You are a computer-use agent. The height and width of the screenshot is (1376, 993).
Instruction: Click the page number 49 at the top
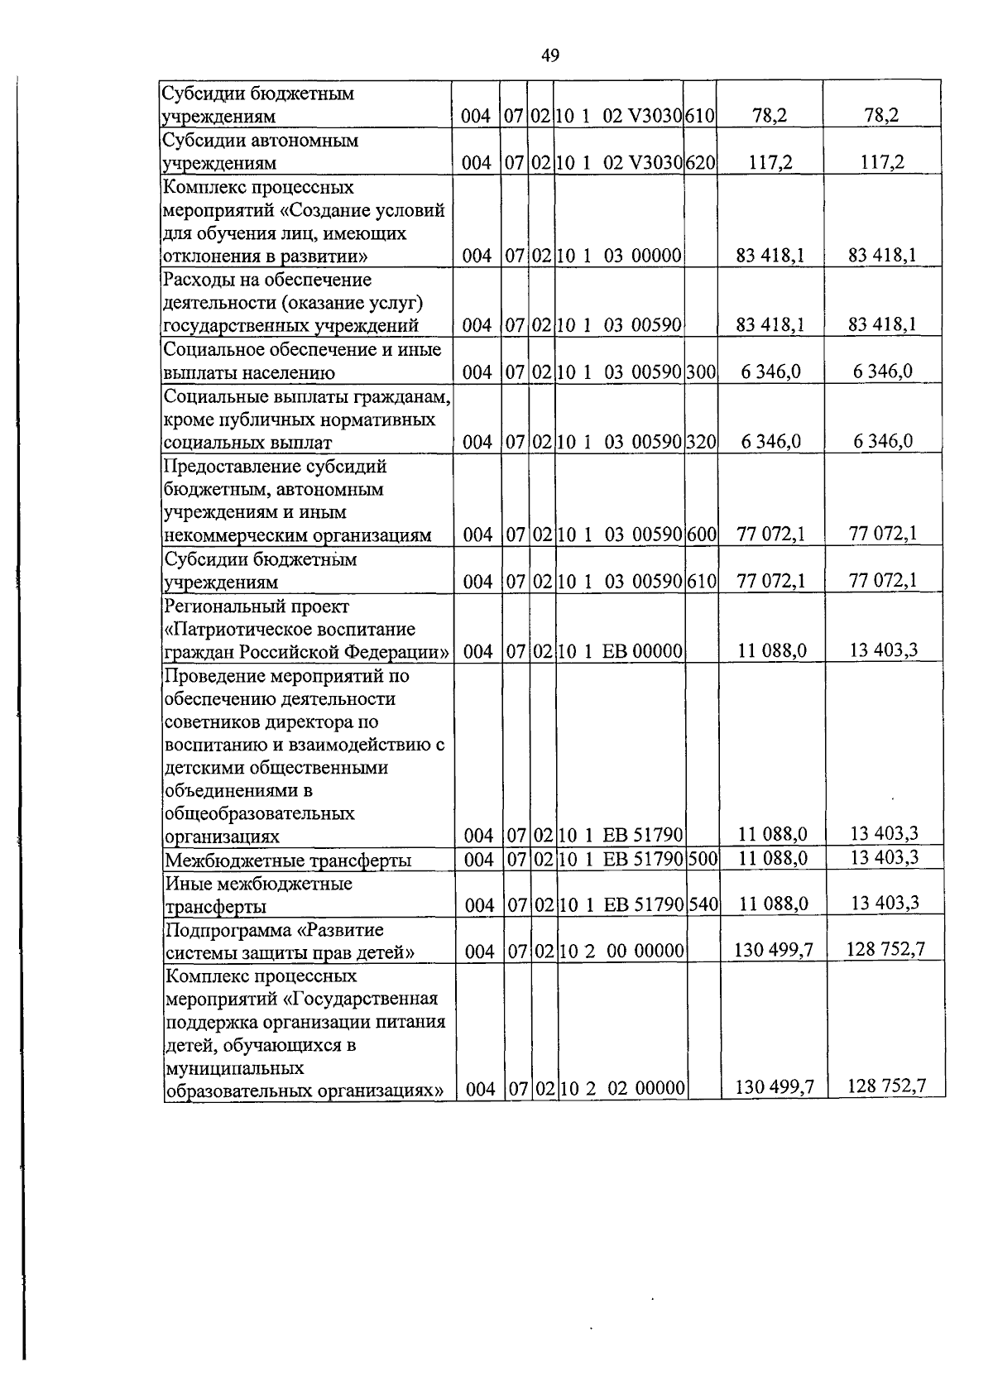click(550, 55)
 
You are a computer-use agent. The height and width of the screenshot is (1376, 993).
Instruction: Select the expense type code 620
click(700, 163)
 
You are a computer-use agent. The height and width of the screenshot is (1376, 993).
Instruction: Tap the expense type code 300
click(700, 372)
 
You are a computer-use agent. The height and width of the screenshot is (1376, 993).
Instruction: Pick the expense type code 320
click(700, 442)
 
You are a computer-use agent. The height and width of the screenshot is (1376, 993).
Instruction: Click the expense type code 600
click(701, 535)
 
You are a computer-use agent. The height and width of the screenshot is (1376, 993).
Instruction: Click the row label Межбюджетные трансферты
click(288, 861)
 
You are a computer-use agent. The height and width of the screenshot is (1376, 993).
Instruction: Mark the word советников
click(213, 722)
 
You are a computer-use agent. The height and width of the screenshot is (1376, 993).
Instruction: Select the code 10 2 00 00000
click(621, 952)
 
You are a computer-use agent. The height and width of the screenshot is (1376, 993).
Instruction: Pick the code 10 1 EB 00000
click(620, 652)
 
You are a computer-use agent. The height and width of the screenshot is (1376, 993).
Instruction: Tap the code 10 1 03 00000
click(619, 257)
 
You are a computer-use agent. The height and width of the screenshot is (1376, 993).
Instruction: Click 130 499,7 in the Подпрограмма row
click(774, 951)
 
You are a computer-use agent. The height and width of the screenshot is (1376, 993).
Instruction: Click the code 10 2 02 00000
click(621, 1089)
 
